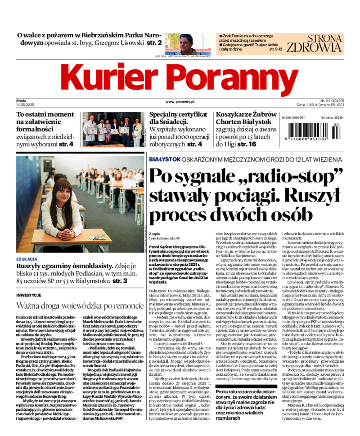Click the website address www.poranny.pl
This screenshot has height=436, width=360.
point(180,103)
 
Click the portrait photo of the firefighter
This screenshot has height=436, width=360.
point(183,44)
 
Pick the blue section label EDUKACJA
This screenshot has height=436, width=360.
point(26,259)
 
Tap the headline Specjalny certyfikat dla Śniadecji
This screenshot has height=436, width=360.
point(178,118)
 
